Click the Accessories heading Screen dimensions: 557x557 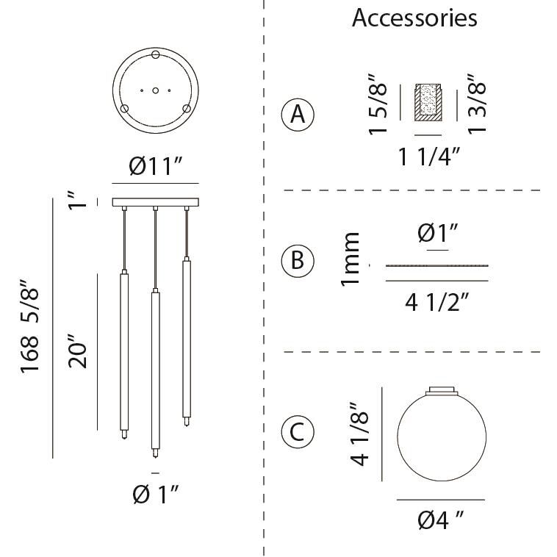pos(414,18)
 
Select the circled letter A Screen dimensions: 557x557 pos(298,115)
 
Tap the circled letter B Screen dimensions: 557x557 pos(298,260)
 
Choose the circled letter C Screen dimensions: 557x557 pos(298,431)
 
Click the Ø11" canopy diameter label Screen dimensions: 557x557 pos(156,165)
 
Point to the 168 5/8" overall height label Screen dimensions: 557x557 pos(29,326)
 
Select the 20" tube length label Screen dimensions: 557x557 pos(77,351)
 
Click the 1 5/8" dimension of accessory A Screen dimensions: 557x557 pos(377,104)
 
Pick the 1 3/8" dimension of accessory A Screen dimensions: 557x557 pos(476,104)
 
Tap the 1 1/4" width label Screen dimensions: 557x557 pos(429,157)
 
